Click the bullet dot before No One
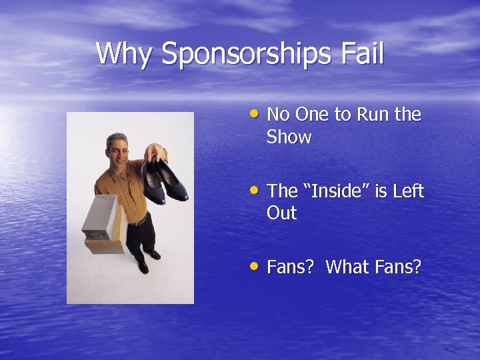[256, 113]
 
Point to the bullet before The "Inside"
[256, 190]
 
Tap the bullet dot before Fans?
[256, 266]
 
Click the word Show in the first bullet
[289, 137]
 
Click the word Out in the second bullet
[281, 214]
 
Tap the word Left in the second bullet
[407, 191]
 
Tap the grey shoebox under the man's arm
[99, 217]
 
